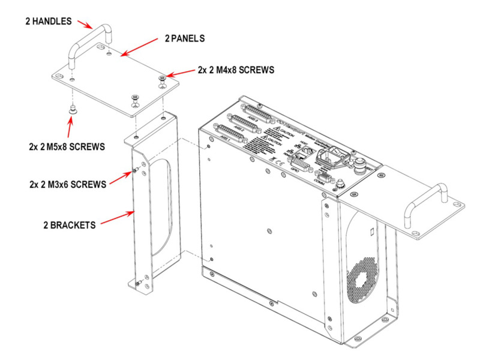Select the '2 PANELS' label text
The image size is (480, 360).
185,38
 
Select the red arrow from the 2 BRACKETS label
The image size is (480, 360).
117,218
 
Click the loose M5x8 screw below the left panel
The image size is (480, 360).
73,109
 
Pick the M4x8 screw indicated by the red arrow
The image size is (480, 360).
163,79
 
